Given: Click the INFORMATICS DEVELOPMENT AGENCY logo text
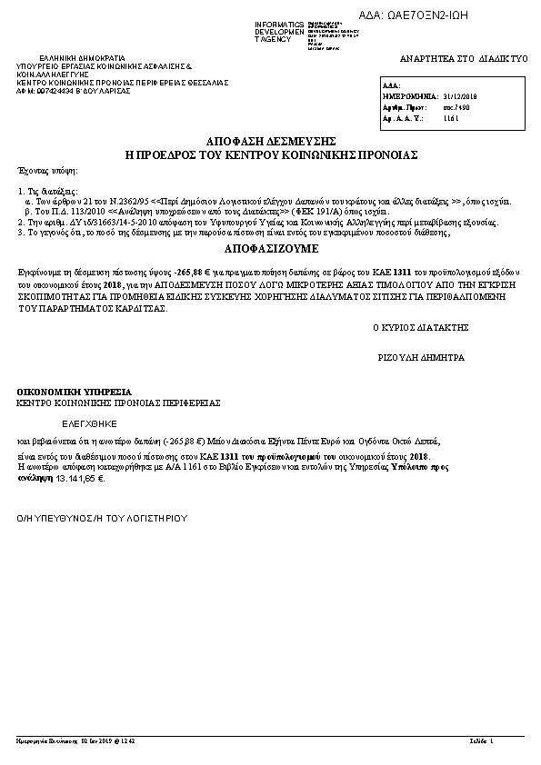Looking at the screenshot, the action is pyautogui.click(x=281, y=29).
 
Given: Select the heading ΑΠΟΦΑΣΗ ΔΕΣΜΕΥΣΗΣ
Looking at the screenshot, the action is pyautogui.click(x=271, y=142).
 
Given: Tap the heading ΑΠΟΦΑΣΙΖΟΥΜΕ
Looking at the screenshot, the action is pyautogui.click(x=271, y=246).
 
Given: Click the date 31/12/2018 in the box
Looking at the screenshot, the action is pyautogui.click(x=462, y=94).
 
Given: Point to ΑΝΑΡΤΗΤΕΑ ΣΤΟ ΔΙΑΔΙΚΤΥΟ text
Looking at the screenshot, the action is pyautogui.click(x=464, y=58).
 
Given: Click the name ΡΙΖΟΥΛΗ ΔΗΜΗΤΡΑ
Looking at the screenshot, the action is pyautogui.click(x=421, y=358).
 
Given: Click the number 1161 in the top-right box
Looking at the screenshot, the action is pyautogui.click(x=451, y=118).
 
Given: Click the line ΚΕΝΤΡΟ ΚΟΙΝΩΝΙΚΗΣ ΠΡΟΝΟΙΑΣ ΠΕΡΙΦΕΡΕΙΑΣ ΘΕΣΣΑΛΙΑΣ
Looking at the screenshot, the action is pyautogui.click(x=122, y=83).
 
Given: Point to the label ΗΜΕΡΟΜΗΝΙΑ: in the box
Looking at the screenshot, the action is pyautogui.click(x=410, y=94).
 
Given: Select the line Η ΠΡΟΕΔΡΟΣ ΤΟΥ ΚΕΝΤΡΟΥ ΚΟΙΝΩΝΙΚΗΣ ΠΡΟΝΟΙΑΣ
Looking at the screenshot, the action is pyautogui.click(x=271, y=155).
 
